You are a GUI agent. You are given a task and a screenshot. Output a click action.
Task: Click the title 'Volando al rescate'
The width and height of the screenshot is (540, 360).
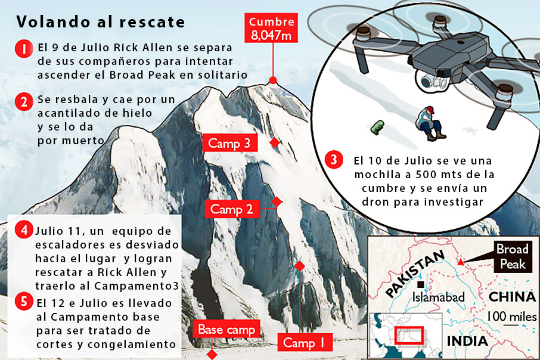point(100,23)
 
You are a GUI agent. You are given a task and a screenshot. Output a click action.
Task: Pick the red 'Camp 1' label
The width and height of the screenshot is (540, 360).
point(303,343)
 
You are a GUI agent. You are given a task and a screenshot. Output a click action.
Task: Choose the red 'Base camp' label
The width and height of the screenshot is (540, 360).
point(226,329)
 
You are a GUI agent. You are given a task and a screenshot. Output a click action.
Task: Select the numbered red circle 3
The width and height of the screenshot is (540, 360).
point(334,160)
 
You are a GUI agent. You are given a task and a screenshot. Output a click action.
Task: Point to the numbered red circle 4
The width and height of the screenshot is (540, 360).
point(23,231)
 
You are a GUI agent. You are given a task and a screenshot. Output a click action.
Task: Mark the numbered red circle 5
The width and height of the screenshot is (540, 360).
point(23,302)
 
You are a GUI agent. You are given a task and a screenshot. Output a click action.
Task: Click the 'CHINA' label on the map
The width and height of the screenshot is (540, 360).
point(511,297)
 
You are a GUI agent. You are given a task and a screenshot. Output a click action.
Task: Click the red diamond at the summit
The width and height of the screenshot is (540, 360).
point(273,80)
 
